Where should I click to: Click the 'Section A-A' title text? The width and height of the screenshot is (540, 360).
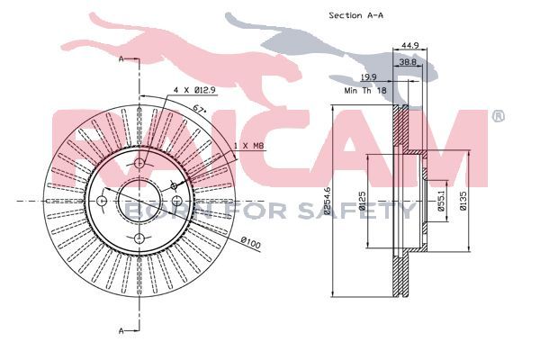355,15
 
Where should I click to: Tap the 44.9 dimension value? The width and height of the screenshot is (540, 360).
409,45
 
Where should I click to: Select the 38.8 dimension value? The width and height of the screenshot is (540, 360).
408,62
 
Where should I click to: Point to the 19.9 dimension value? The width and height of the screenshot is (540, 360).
368,77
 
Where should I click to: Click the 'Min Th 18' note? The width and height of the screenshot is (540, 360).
365,91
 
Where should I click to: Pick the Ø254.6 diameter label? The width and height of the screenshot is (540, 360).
327,201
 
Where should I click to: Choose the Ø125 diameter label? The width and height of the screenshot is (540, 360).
362,201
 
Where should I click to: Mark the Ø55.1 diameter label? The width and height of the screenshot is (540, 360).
441,201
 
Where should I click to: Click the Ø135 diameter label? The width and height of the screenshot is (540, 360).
463,201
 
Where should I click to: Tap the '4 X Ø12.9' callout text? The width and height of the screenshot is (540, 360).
194,90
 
